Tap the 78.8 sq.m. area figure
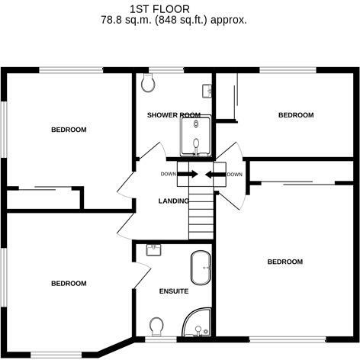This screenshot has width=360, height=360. click(x=127, y=21)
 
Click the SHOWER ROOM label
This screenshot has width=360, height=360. click(x=174, y=115)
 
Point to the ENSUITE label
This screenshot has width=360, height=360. click(x=173, y=291)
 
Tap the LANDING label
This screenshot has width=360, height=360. click(x=173, y=201)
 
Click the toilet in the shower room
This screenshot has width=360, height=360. click(x=149, y=82)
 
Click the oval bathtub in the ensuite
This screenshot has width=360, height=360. click(x=201, y=268)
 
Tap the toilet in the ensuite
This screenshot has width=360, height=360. click(x=157, y=327)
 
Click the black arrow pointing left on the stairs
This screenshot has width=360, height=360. click(x=214, y=175)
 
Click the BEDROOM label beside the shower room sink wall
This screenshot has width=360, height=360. click(x=295, y=115)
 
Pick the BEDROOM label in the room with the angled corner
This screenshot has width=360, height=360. click(x=69, y=283)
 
